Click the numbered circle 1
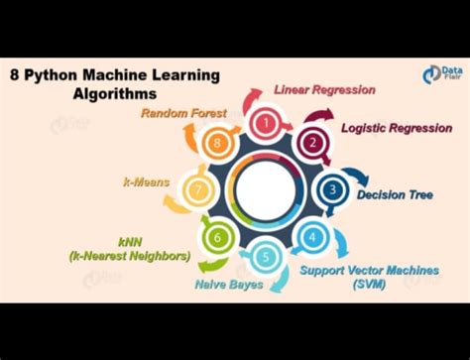pyautogui.click(x=265, y=123)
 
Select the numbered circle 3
pyautogui.click(x=333, y=188)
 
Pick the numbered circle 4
pyautogui.click(x=311, y=237)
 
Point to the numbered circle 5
pyautogui.click(x=265, y=258)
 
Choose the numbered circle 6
pyautogui.click(x=216, y=237)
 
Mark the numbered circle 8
pyautogui.click(x=217, y=142)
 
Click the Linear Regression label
pyautogui.click(x=324, y=90)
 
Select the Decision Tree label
pyautogui.click(x=395, y=194)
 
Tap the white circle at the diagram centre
pyautogui.click(x=265, y=188)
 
